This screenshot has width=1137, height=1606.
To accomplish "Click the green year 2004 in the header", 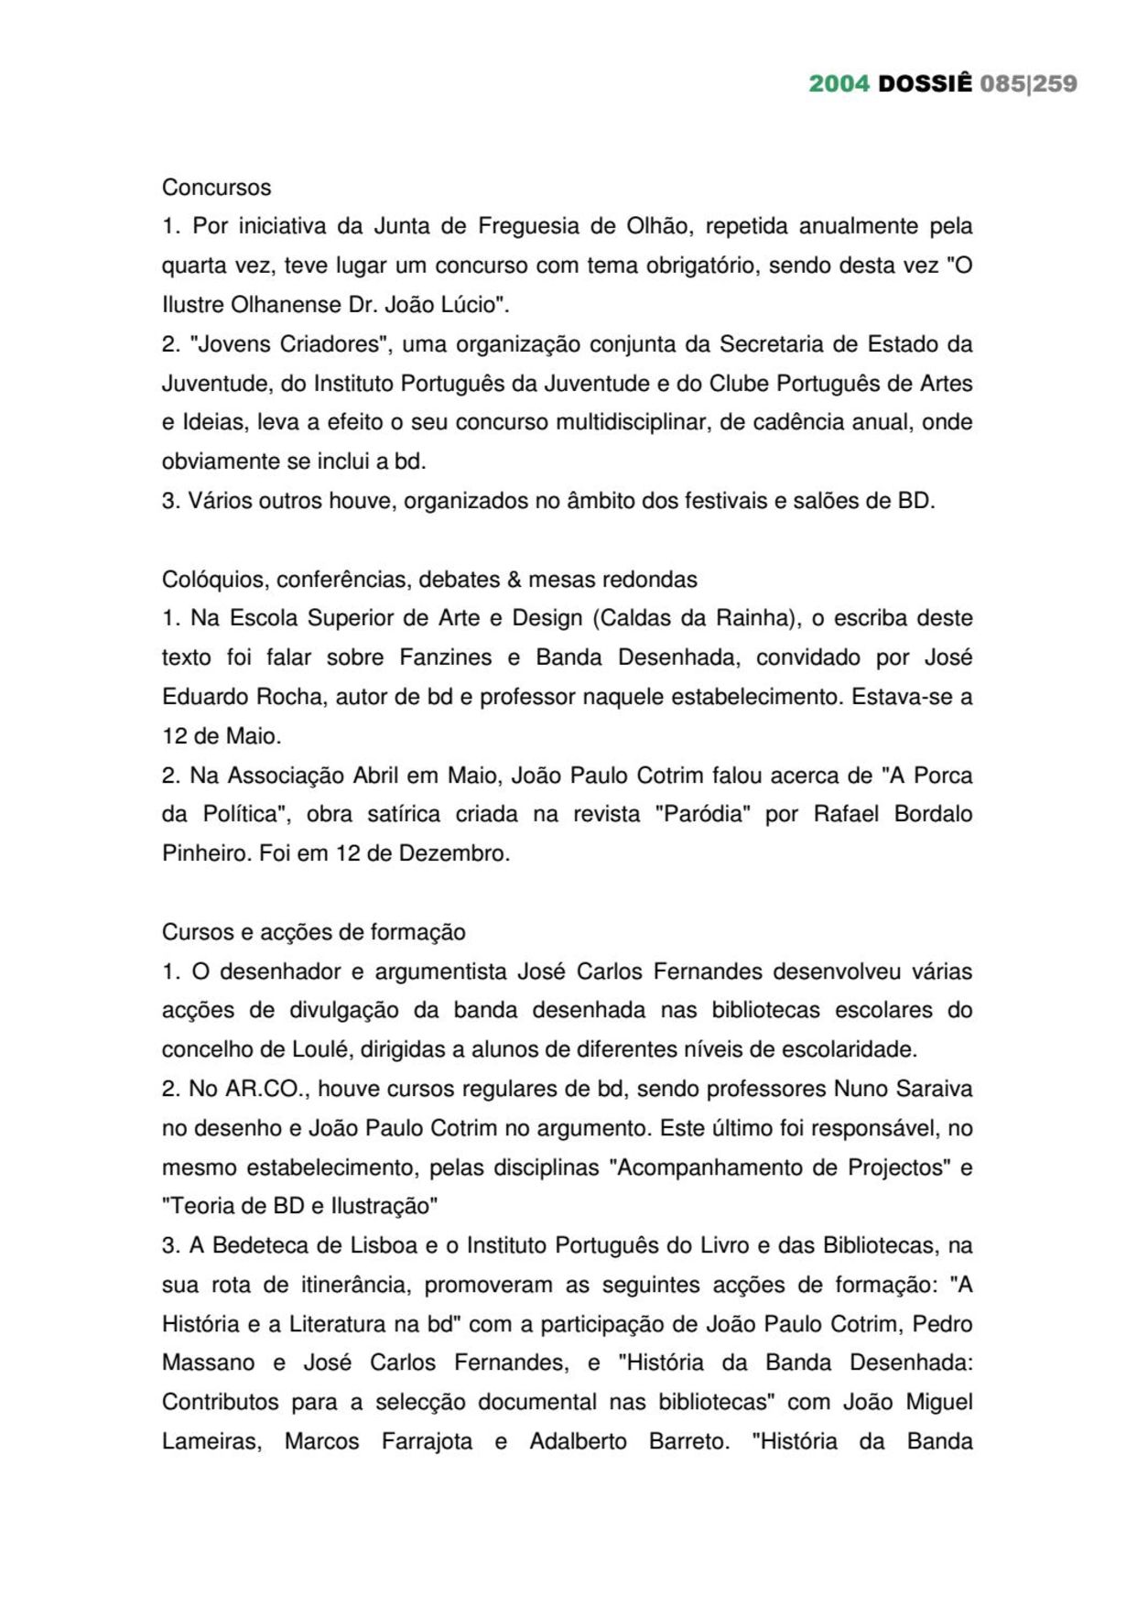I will tap(839, 83).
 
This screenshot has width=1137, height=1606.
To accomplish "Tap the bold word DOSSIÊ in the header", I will tap(925, 83).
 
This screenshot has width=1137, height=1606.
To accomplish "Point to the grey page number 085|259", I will tap(1028, 83).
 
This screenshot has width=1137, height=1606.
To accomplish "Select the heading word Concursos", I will tap(217, 187).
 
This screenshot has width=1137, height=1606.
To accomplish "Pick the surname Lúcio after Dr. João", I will tap(471, 305).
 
